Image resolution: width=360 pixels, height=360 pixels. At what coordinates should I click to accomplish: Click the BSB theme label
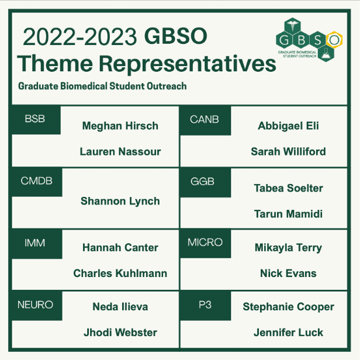[x=35, y=120]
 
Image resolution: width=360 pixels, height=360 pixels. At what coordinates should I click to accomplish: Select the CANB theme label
[x=205, y=120]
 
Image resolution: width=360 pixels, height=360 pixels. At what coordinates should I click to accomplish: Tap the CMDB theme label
[x=36, y=181]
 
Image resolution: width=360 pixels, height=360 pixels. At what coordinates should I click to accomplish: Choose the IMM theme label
[x=35, y=242]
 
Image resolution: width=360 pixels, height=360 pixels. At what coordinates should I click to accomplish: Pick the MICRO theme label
[x=205, y=242]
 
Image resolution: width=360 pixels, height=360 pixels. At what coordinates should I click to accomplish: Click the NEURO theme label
[x=36, y=305]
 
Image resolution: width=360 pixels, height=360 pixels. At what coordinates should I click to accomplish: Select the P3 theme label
[x=205, y=305]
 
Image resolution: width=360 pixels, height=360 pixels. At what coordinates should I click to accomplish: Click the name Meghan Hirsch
[x=120, y=126]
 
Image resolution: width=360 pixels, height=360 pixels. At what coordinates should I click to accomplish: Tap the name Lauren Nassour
[x=120, y=151]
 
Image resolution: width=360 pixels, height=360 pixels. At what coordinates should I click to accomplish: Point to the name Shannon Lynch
[x=120, y=201]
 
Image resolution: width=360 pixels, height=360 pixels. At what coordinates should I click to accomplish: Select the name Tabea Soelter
[x=288, y=188]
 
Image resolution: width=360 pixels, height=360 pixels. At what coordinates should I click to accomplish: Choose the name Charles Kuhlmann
[x=120, y=274]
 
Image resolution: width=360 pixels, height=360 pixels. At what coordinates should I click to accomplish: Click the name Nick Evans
[x=288, y=274]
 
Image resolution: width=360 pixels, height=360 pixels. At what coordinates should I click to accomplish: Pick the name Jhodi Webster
[x=120, y=333]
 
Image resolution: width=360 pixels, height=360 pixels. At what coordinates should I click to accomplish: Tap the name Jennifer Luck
[x=288, y=333]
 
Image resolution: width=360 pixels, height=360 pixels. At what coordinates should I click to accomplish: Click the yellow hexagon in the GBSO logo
[x=334, y=39]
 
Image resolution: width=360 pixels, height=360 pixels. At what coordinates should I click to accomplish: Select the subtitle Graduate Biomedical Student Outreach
[x=102, y=86]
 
